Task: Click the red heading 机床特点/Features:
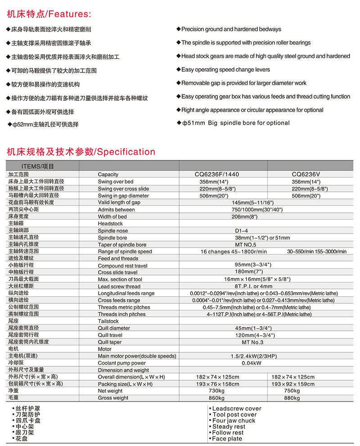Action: point(49,14)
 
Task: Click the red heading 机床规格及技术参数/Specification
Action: point(81,152)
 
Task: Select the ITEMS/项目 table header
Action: point(37,166)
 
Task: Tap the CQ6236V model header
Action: point(309,174)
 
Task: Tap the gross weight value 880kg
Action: point(292,398)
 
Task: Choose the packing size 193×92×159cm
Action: point(293,384)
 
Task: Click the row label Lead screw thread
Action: point(119,286)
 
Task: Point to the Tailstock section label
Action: point(108,321)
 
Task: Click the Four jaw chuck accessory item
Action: point(234,421)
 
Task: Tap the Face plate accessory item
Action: point(227,439)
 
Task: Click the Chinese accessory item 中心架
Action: point(25,427)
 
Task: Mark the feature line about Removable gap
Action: point(243,83)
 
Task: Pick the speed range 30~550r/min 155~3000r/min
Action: point(317,252)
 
